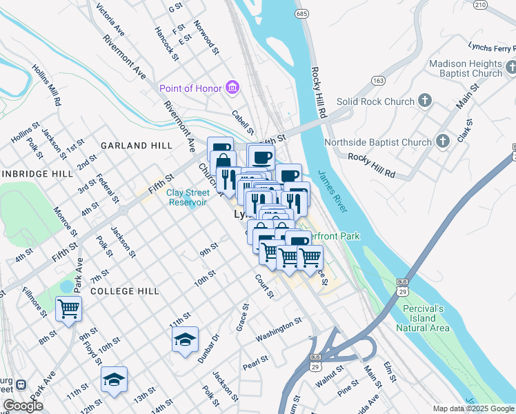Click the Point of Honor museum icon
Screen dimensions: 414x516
pos(232,88)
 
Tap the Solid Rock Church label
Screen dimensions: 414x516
pos(376,102)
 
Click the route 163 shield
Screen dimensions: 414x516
pos(377,79)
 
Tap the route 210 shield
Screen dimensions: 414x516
pos(480,5)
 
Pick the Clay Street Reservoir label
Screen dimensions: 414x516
pos(188,197)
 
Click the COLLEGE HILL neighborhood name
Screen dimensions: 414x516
pos(125,291)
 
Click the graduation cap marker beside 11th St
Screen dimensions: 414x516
pos(185,339)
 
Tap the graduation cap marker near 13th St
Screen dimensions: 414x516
pos(114,379)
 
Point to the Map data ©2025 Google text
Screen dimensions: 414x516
pos(473,408)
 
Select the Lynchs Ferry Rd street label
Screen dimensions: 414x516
pos(490,48)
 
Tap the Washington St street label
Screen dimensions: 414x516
pos(279,329)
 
